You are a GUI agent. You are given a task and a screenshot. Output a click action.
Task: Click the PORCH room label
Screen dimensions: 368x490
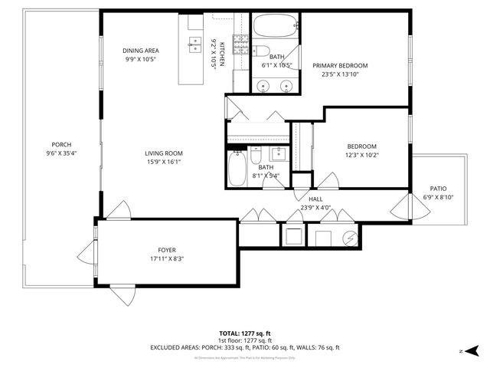click(x=61, y=144)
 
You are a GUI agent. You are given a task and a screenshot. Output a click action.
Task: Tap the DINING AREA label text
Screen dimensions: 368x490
click(x=141, y=51)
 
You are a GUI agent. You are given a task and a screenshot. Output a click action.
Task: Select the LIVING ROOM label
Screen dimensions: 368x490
click(x=164, y=153)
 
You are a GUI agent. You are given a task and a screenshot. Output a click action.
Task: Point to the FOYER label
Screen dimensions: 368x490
click(x=166, y=249)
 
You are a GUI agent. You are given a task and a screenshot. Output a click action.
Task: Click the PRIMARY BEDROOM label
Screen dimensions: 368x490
click(x=340, y=66)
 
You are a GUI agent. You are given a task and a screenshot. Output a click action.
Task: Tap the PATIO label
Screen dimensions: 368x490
click(x=438, y=189)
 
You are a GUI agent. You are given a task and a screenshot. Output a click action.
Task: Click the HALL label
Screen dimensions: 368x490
click(x=315, y=199)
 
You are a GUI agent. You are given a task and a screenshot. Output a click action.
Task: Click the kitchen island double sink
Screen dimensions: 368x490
click(x=193, y=45)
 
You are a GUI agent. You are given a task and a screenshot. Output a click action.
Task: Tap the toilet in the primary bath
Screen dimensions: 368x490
click(x=260, y=52)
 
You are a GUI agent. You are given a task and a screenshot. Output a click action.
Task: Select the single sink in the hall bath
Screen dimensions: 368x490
click(x=280, y=153)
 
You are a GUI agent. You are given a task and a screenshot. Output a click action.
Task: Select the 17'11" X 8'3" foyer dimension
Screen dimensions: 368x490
click(x=166, y=258)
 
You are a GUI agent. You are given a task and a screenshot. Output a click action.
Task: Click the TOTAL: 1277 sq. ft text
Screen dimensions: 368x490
click(x=244, y=333)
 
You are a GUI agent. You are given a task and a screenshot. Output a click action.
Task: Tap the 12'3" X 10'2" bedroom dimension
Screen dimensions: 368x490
click(x=361, y=155)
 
